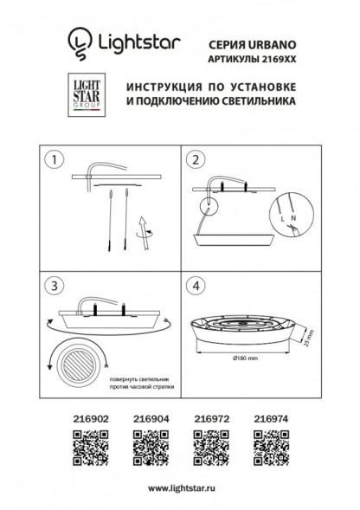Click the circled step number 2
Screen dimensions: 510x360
coord(196,160)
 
